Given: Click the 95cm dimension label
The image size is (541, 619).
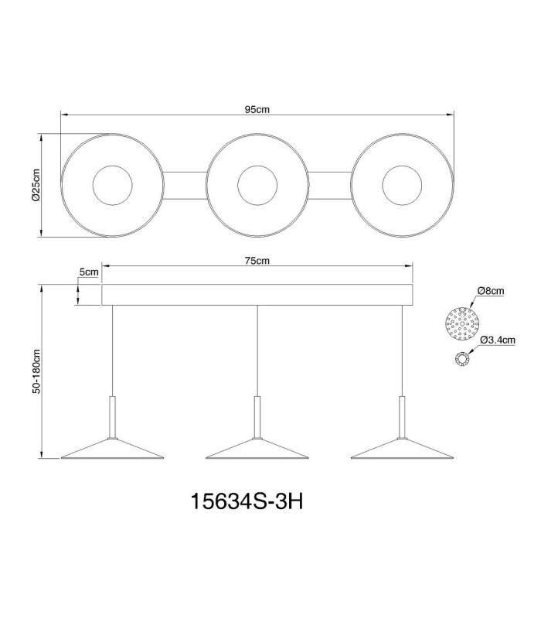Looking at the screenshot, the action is [257, 109].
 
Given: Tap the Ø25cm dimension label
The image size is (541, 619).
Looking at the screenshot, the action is [36, 185].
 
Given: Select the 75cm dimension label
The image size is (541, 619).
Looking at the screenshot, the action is [257, 261].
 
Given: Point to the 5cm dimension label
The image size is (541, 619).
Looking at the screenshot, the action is [89, 272].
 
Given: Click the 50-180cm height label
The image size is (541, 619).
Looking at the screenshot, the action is [36, 371].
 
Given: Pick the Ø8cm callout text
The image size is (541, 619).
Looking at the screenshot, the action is [490, 291].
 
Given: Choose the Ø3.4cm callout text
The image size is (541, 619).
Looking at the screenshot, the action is [498, 340].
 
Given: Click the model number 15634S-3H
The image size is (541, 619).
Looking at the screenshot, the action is [247, 501].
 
